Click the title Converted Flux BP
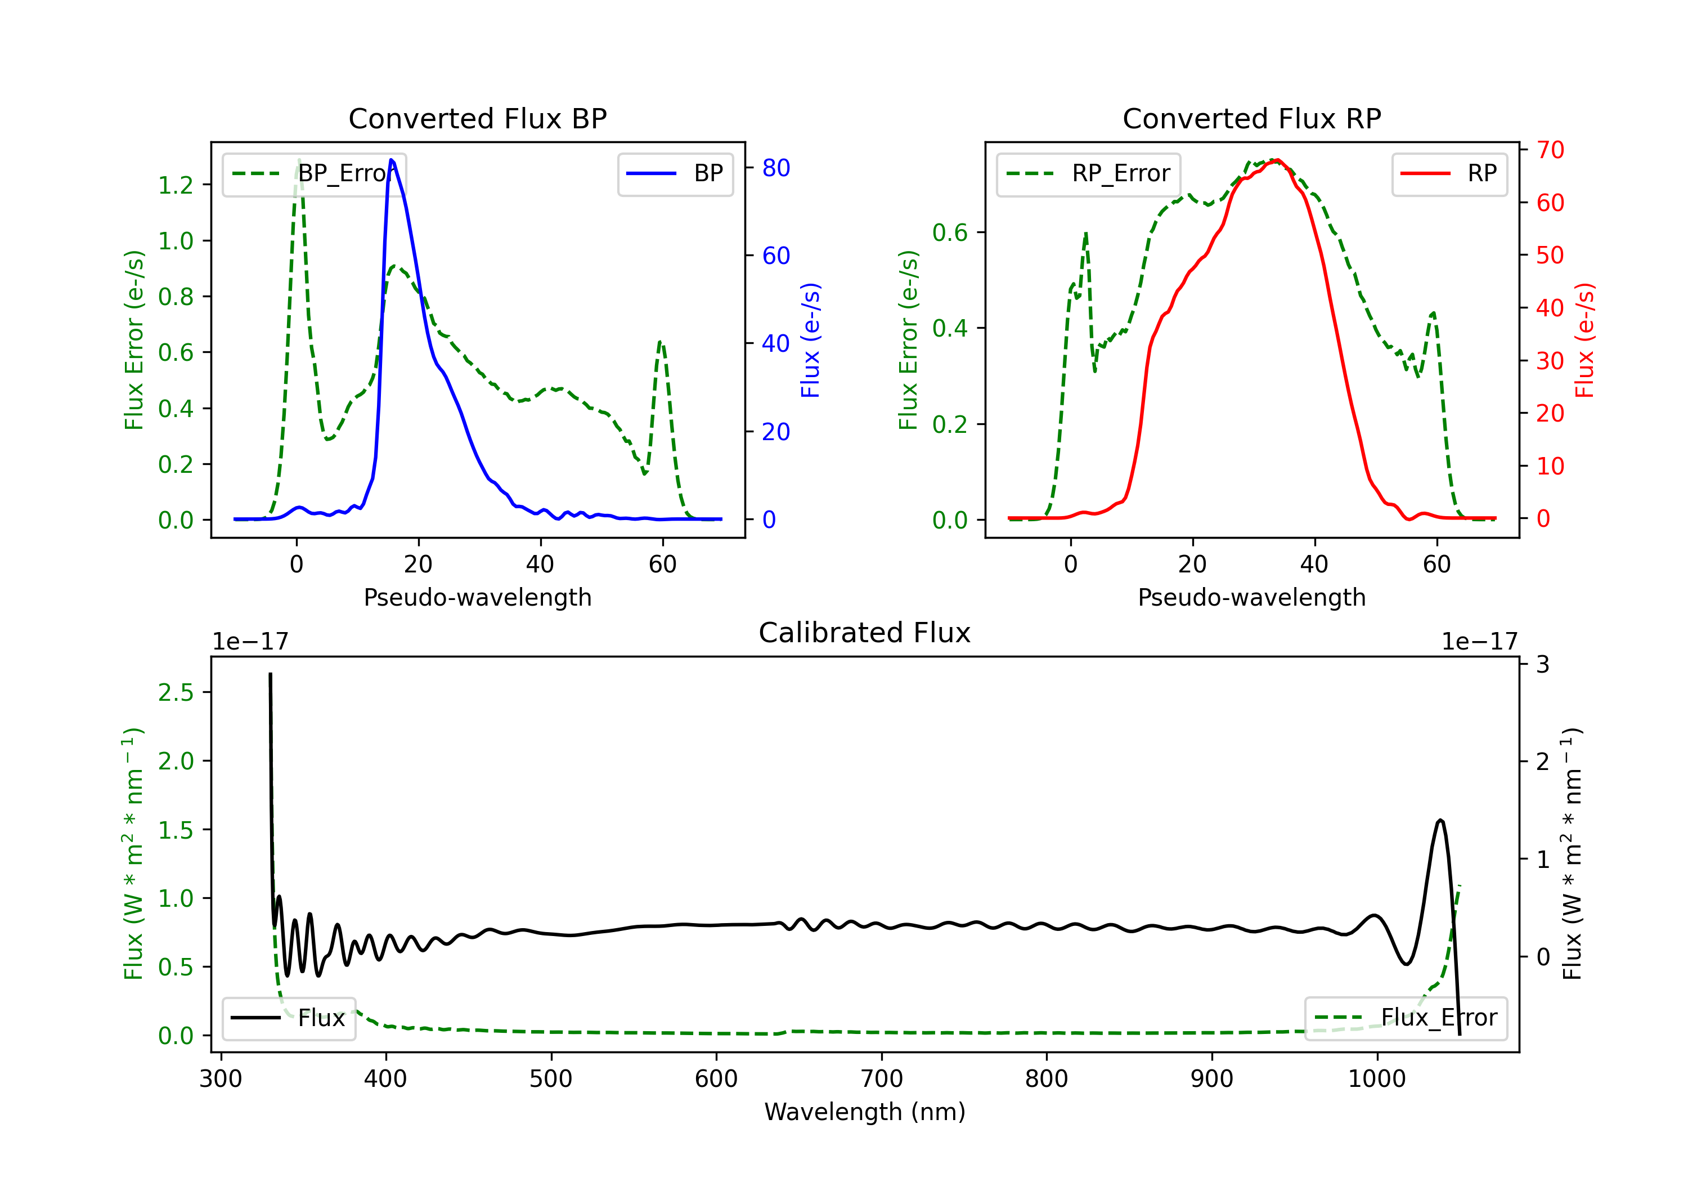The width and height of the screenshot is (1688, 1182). [477, 118]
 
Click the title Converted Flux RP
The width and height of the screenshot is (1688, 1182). [1251, 118]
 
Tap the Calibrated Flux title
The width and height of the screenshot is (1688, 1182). [865, 633]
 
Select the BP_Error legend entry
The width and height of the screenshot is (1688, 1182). [314, 173]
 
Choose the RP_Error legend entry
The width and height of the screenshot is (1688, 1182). [1088, 173]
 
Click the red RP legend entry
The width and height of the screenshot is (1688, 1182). [1449, 173]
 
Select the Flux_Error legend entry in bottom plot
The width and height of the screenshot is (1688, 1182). [1406, 1018]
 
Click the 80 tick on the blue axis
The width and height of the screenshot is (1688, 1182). [775, 168]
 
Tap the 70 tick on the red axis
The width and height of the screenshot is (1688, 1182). [1550, 150]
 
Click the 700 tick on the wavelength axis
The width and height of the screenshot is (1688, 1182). [882, 1078]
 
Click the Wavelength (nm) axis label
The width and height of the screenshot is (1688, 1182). [865, 1112]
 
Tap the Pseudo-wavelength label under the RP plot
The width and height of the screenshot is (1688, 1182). [1251, 597]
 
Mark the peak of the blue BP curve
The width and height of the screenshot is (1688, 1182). [391, 160]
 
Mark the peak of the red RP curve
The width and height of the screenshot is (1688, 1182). [1277, 160]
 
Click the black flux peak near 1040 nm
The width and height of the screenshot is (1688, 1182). [1440, 820]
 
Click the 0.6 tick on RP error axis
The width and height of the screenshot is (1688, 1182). [950, 232]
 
